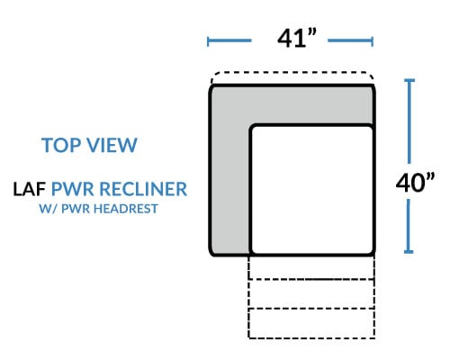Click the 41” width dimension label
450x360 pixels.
[x=297, y=38]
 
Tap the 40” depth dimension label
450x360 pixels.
[x=415, y=183]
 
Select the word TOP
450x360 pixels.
[x=61, y=145]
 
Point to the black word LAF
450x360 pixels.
[x=29, y=189]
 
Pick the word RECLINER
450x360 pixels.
[x=143, y=189]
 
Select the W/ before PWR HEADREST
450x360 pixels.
[x=49, y=209]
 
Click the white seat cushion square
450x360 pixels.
[x=312, y=190]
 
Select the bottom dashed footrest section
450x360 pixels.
[x=311, y=323]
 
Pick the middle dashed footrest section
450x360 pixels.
[x=311, y=294]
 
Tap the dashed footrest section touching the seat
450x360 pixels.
[x=311, y=267]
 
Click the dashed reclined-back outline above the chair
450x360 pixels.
[x=292, y=72]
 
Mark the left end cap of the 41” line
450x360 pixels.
[x=208, y=41]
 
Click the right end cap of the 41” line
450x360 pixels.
[x=372, y=41]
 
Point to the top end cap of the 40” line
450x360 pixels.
[x=409, y=80]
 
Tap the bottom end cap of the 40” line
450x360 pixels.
[x=409, y=252]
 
